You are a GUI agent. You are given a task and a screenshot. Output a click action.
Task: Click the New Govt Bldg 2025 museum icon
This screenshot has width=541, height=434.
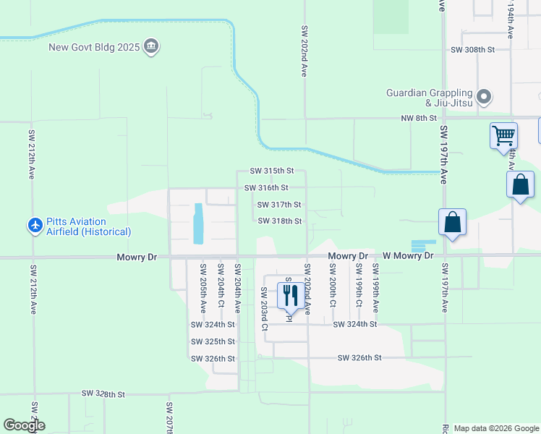point(152,48)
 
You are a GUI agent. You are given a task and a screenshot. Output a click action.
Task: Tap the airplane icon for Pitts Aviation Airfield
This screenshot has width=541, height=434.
point(35,226)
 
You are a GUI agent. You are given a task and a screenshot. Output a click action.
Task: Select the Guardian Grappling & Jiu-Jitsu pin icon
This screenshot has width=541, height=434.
point(484,96)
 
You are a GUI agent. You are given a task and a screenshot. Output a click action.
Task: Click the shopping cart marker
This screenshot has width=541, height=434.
point(503,135)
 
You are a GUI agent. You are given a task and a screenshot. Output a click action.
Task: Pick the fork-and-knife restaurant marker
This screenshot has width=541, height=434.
point(290,294)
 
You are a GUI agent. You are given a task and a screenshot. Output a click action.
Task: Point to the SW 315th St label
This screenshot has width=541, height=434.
point(272,171)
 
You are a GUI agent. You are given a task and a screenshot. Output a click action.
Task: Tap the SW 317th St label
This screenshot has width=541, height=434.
point(279,205)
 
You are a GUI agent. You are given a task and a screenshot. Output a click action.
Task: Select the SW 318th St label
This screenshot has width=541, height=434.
point(279,221)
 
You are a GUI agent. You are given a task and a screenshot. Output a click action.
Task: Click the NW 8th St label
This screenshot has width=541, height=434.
point(419,118)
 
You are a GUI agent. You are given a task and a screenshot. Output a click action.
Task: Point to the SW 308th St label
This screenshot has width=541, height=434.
point(472,50)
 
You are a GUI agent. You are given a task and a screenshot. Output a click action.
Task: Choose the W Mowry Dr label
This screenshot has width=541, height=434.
point(408,256)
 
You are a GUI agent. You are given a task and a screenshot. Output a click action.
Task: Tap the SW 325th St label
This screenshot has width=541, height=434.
point(213,341)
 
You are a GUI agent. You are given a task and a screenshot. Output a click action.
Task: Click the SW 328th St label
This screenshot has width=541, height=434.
point(103,394)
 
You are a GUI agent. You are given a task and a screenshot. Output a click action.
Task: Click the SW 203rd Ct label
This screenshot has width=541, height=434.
point(264,309)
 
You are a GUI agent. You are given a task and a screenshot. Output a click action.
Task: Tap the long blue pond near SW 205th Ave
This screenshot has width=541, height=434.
point(198,224)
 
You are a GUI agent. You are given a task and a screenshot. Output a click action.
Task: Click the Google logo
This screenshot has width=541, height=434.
point(24,425)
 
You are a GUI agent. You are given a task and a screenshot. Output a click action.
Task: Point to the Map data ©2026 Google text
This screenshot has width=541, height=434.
point(495,428)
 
